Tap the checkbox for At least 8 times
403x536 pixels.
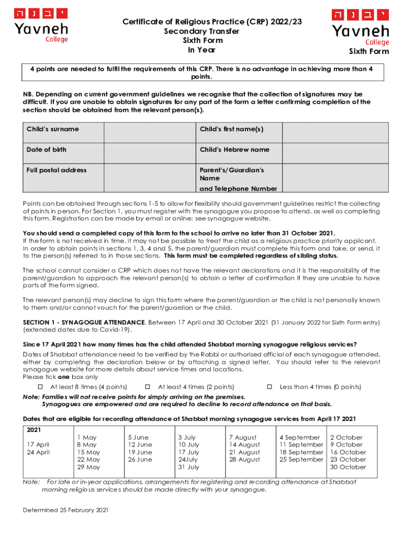(x=40, y=387)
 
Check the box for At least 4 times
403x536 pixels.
(x=148, y=387)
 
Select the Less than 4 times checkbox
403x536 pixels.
(x=270, y=387)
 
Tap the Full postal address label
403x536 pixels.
(x=57, y=170)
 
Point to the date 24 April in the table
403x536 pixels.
(x=38, y=452)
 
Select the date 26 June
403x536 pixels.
(x=140, y=460)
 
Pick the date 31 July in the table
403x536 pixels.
(x=188, y=467)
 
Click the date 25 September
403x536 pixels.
(x=301, y=460)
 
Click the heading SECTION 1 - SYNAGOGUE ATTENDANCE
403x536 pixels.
(x=84, y=323)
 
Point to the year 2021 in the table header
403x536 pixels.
(x=34, y=429)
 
